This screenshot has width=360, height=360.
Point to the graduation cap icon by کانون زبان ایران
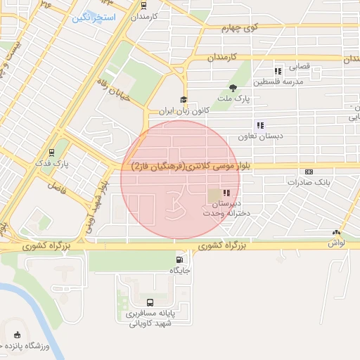click(184, 100)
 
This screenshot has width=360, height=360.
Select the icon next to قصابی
click(278, 70)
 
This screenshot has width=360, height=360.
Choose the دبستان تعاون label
click(261, 136)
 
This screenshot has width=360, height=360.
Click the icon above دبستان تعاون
click(261, 125)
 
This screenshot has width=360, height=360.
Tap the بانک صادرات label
click(308, 182)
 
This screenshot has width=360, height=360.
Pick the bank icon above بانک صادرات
click(309, 172)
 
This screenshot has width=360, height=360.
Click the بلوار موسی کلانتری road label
click(180, 166)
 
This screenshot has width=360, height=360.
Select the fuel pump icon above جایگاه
click(175, 258)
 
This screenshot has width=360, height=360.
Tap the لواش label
click(336, 243)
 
